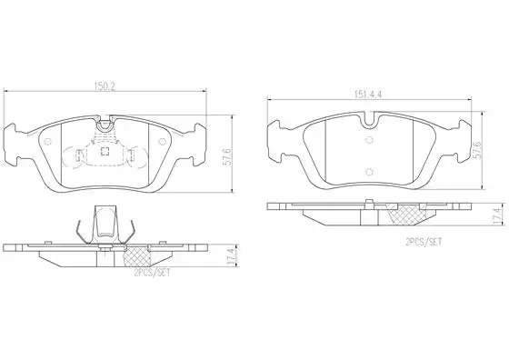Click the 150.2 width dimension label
coord(105,86)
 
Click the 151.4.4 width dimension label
coord(367,95)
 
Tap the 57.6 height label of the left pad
coord(228,157)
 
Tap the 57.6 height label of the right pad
coord(476,150)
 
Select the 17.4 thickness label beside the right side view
coord(496,215)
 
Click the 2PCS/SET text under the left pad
coord(152,274)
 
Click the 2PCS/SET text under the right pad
coord(424,242)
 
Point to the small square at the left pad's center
coord(105,151)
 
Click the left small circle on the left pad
coord(47,142)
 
